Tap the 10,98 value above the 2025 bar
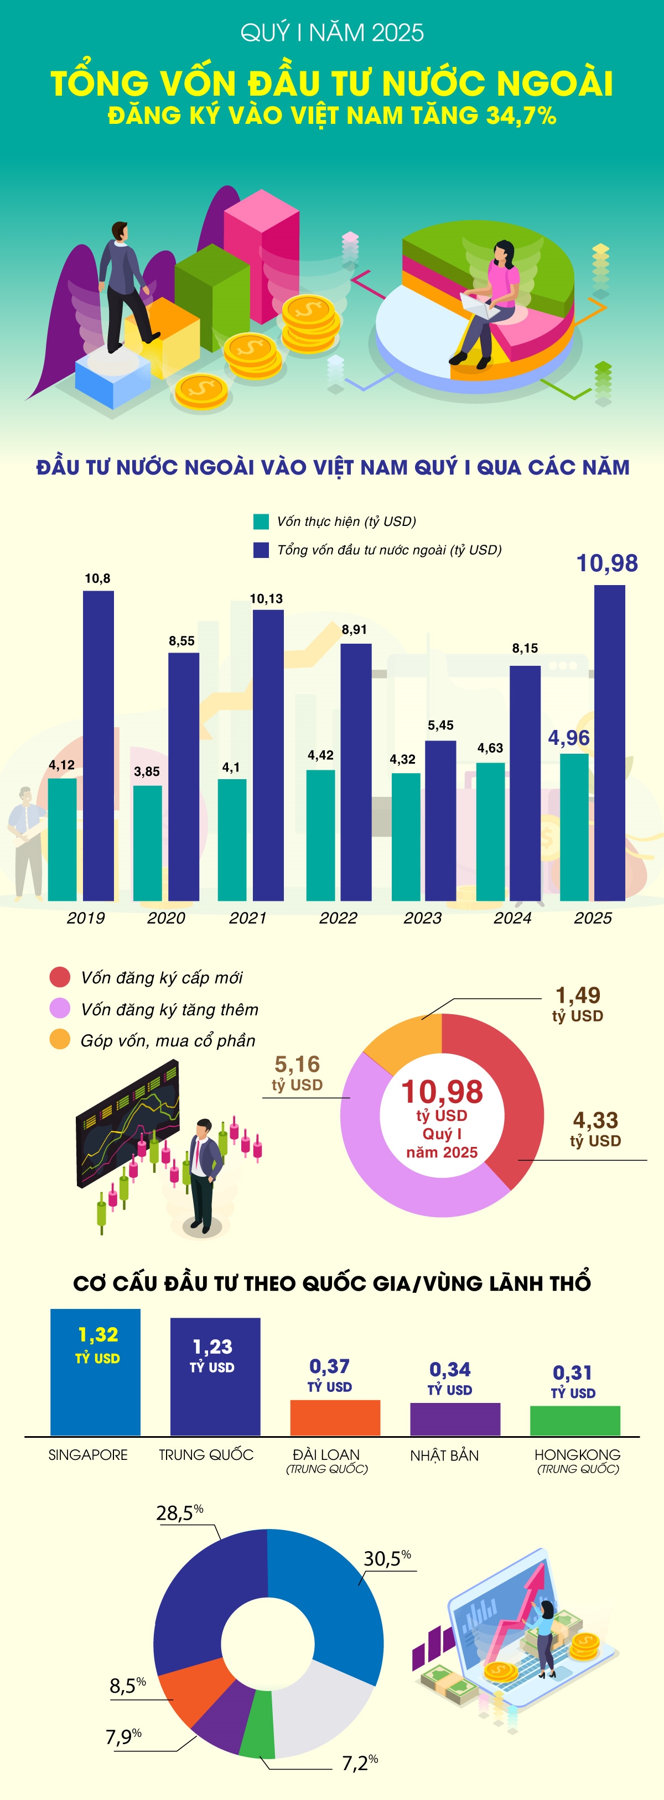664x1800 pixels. click(606, 563)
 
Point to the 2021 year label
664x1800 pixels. click(248, 918)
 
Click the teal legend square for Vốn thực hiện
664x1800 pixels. click(261, 521)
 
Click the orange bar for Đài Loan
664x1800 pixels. click(335, 1418)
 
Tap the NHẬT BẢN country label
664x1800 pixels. click(444, 1455)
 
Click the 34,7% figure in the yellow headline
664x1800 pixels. click(521, 114)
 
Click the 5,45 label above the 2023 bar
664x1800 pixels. click(440, 726)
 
